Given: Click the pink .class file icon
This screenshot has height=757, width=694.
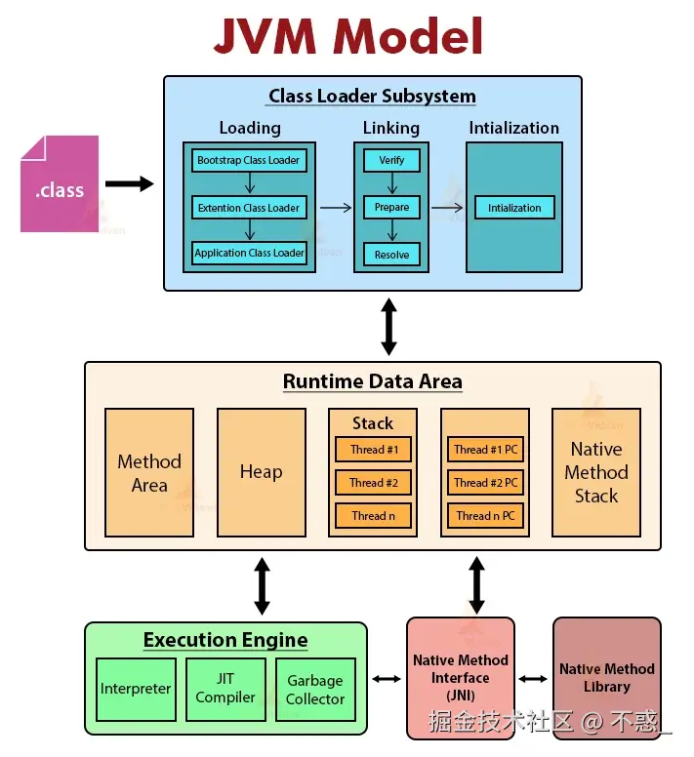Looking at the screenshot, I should coord(60,184).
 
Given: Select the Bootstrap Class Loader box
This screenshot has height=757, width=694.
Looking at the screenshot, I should coord(249,160).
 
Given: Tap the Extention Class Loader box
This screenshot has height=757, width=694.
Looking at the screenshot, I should coord(249,208).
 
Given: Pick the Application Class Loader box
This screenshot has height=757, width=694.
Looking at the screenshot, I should coord(249,253).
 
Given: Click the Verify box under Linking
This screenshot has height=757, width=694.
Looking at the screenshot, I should coord(391,160).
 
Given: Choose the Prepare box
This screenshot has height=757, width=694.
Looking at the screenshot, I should coord(391,207).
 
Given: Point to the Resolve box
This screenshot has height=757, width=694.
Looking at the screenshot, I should coord(391,255).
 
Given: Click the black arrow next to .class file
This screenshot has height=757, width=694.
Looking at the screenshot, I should coord(129,183).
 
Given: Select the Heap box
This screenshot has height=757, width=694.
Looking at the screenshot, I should coord(261,472).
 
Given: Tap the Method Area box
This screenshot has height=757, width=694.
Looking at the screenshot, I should coord(149,472).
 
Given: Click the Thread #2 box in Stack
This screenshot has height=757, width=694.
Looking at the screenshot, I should coord(373,483).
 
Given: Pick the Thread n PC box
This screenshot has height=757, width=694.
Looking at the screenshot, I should coord(485,516).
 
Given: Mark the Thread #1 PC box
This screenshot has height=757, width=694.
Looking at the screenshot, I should coord(485,450).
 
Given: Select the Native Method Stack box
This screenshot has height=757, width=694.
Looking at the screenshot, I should coord(595,472).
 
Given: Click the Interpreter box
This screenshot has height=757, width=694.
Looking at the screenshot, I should coord(136,689).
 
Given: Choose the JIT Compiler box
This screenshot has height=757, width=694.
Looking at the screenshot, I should coord(225,688).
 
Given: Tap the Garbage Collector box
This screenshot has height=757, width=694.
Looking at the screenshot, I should coord(314,690).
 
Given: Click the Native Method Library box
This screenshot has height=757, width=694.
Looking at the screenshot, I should coord(606,678).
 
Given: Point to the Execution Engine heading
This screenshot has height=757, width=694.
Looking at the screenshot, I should coord(225,641).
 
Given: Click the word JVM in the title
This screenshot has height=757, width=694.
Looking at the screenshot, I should coord(265,36).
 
